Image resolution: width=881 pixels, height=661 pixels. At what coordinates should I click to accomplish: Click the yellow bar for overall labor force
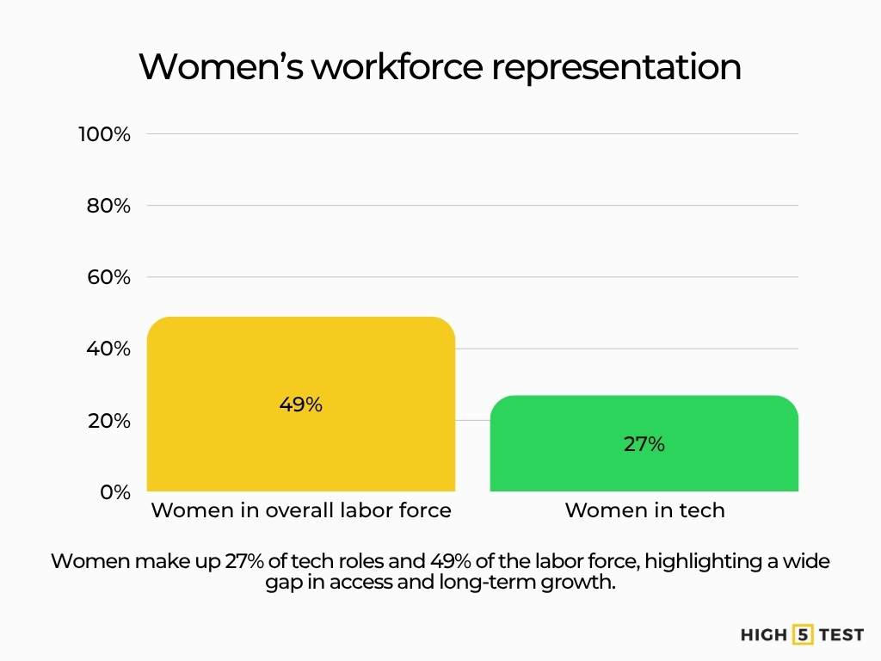(x=300, y=361)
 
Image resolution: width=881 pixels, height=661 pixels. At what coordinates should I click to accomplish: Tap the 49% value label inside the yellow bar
(x=300, y=405)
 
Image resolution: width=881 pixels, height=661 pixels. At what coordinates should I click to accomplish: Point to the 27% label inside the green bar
(x=644, y=444)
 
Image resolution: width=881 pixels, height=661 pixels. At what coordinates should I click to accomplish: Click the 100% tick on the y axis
(x=104, y=134)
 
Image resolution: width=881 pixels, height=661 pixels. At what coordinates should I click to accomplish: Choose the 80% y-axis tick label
(x=108, y=206)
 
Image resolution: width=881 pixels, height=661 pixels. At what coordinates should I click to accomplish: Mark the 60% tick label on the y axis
(x=108, y=277)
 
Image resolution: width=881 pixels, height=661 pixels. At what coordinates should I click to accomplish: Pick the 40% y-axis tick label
(x=108, y=349)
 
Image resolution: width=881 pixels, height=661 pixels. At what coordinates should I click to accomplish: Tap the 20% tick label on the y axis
(x=108, y=421)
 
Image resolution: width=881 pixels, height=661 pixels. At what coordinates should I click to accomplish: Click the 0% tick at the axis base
(x=114, y=492)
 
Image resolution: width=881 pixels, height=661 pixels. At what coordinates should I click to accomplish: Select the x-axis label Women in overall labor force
(x=301, y=510)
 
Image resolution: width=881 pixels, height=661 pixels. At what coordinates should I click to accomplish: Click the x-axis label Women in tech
(x=644, y=510)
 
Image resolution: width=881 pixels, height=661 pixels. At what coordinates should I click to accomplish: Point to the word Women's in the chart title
(x=220, y=67)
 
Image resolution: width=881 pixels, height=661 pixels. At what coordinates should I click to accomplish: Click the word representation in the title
(x=616, y=67)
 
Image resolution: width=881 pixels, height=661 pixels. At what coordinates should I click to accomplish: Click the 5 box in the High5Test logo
(x=804, y=635)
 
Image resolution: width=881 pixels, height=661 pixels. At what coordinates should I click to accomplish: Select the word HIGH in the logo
(x=763, y=635)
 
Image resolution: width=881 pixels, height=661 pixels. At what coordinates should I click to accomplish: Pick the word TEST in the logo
(x=841, y=635)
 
